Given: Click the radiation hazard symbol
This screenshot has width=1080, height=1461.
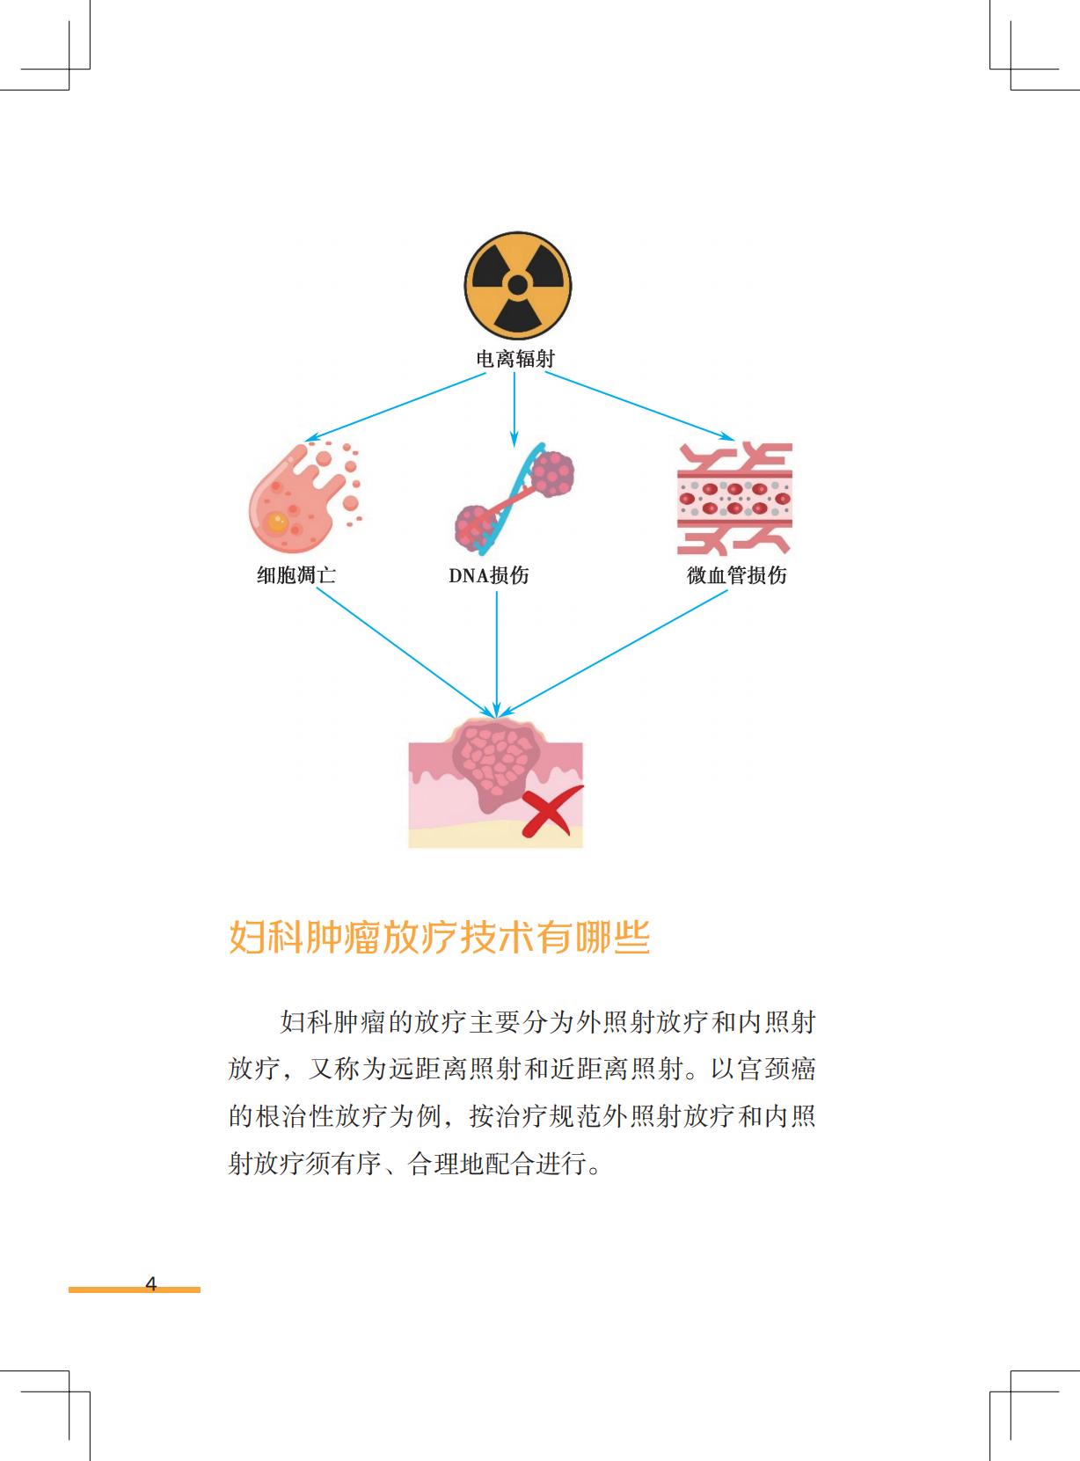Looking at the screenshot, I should (517, 284).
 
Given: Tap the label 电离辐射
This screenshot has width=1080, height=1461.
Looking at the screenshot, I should (515, 359).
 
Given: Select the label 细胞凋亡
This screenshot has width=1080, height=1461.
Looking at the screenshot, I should (296, 575).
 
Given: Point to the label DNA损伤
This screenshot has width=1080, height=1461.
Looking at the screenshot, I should (489, 575).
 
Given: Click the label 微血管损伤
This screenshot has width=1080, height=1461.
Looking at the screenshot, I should (737, 575).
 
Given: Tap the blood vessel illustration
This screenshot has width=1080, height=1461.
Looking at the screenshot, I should (734, 499).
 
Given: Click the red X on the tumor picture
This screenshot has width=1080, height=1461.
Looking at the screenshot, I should (551, 810).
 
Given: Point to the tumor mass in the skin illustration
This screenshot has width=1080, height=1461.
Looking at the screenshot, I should (497, 761).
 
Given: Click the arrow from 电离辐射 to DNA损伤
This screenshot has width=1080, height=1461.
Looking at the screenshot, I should (514, 409).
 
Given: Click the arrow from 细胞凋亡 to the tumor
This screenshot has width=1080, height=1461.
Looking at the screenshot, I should (405, 652).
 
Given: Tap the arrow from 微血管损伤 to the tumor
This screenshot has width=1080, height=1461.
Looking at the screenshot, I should (616, 651).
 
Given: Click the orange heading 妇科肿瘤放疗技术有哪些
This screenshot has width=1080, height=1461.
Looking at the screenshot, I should (440, 938).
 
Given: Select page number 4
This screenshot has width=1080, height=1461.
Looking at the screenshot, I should (150, 1283).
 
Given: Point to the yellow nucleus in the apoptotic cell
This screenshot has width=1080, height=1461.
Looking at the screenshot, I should (277, 523).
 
